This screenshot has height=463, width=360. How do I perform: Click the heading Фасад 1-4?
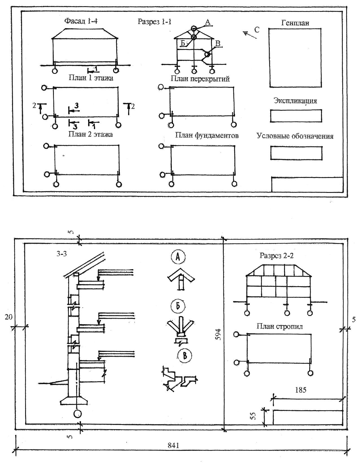coord(81,21)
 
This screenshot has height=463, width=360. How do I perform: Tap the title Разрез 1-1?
coord(154,22)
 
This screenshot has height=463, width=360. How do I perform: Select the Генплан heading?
coord(295,23)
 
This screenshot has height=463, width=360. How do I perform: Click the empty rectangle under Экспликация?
coord(296,116)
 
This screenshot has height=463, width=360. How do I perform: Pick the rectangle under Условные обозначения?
coord(296,153)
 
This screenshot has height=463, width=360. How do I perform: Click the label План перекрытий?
coord(200,79)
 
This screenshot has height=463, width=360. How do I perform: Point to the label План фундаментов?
coord(207,136)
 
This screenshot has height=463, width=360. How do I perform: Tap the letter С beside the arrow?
coord(257,30)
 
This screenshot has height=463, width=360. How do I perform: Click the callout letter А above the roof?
coord(208,22)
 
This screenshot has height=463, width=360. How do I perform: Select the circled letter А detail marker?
coord(178,257)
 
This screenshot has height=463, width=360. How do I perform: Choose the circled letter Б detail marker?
coord(178,306)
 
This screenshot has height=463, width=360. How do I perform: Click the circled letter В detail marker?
coord(185,355)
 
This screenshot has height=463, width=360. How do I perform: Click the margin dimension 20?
coord(8,317)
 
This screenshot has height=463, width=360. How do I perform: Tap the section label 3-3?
coord(62,254)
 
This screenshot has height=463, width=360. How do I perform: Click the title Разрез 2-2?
coord(276,255)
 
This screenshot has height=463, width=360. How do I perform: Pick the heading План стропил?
coord(279,326)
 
